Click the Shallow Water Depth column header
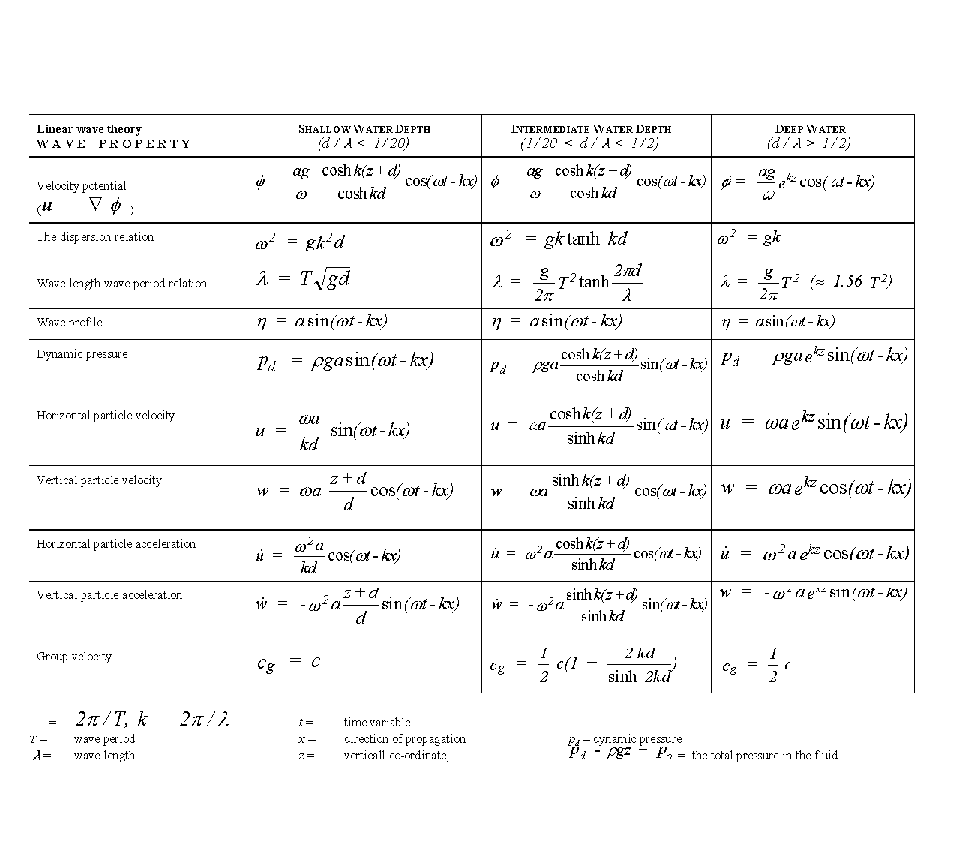(364, 129)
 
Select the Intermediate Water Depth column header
(591, 129)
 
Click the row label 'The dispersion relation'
(95, 237)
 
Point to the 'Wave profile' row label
(70, 323)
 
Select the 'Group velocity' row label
(74, 657)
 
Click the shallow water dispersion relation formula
(300, 242)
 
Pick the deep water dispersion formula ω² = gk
(749, 238)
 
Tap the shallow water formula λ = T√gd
(304, 279)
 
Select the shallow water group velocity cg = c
(289, 662)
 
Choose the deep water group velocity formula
(757, 666)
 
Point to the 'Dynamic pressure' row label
(82, 354)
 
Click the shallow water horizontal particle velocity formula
(332, 432)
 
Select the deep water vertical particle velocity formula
(815, 488)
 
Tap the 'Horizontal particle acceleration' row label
(116, 544)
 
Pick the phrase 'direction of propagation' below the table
(405, 739)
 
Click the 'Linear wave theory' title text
(89, 129)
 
